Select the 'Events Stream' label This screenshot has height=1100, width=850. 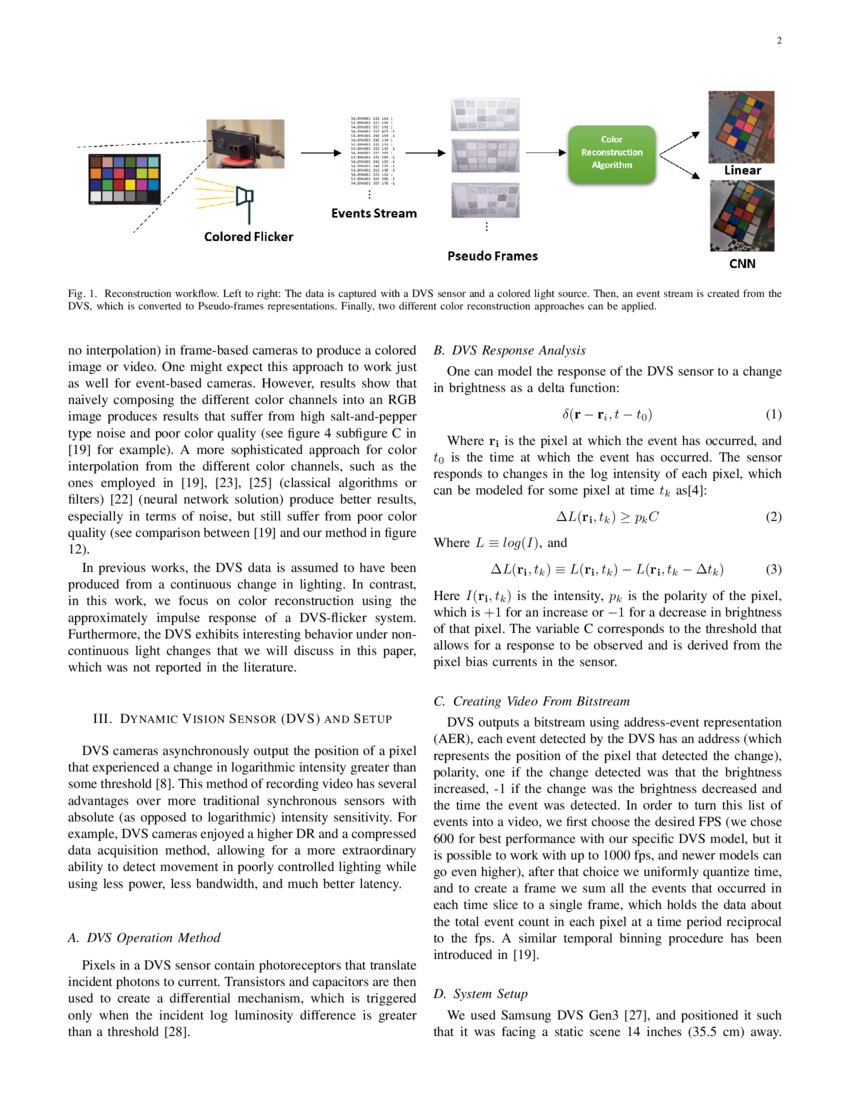coord(374,213)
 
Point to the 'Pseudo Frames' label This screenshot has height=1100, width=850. coord(491,256)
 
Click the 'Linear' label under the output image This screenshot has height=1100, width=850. coord(742,170)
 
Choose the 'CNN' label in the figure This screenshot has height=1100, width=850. coord(742,265)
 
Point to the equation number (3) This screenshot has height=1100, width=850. coord(772,569)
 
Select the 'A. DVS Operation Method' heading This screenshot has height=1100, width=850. coord(143,937)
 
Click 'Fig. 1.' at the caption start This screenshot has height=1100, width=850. coord(83,294)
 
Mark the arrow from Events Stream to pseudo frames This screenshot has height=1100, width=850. coord(425,153)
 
